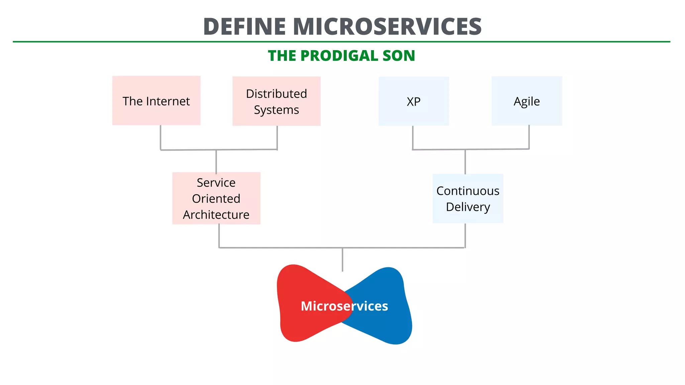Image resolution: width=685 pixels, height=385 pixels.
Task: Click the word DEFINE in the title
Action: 244,27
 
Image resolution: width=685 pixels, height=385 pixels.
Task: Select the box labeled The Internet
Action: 156,101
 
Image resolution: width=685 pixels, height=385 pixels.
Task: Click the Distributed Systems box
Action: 276,101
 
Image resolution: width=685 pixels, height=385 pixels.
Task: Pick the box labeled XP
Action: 413,101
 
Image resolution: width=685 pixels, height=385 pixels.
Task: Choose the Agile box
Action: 526,101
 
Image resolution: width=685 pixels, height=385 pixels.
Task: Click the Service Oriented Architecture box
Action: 216,199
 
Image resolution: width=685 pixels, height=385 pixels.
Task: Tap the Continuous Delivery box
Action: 468,199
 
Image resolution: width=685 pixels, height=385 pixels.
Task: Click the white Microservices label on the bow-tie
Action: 344,306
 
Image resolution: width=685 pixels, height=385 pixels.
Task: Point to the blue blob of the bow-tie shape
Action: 388,321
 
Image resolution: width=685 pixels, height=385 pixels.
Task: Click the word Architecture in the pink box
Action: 216,215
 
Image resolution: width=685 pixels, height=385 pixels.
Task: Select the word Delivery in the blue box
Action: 468,207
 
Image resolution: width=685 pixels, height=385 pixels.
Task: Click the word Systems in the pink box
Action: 276,110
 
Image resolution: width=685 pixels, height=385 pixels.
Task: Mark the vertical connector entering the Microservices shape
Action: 342,260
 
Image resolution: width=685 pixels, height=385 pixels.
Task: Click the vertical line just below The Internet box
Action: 161,137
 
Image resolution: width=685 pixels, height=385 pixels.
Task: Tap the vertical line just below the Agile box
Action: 529,137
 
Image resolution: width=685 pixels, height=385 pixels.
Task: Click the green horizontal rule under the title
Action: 341,42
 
